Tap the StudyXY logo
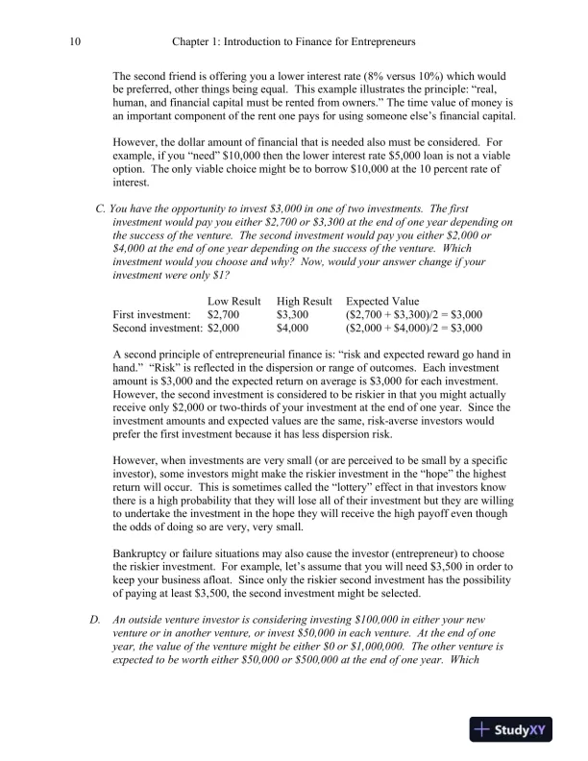click(514, 730)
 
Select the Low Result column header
click(234, 301)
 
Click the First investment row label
click(153, 313)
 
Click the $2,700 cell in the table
click(224, 313)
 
